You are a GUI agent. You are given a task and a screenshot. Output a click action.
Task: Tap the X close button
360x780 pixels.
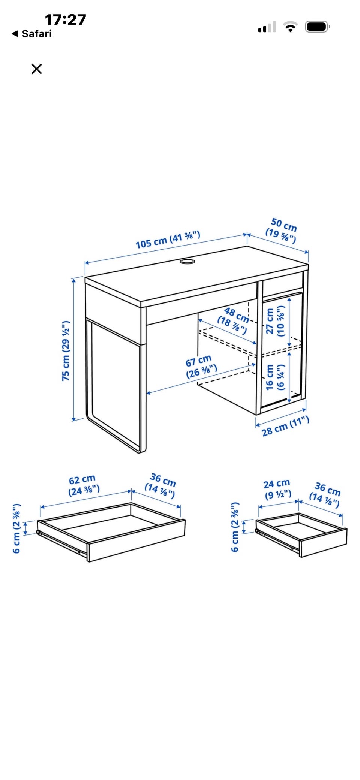36,69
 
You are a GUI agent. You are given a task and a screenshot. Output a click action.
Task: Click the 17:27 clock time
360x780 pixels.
66,20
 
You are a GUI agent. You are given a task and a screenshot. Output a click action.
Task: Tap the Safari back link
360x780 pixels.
32,34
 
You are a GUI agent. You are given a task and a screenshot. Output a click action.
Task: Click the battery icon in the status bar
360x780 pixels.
317,27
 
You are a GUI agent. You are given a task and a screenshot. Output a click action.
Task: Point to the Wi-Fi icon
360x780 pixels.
290,27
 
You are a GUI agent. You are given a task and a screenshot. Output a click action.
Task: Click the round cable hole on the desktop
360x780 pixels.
187,261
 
